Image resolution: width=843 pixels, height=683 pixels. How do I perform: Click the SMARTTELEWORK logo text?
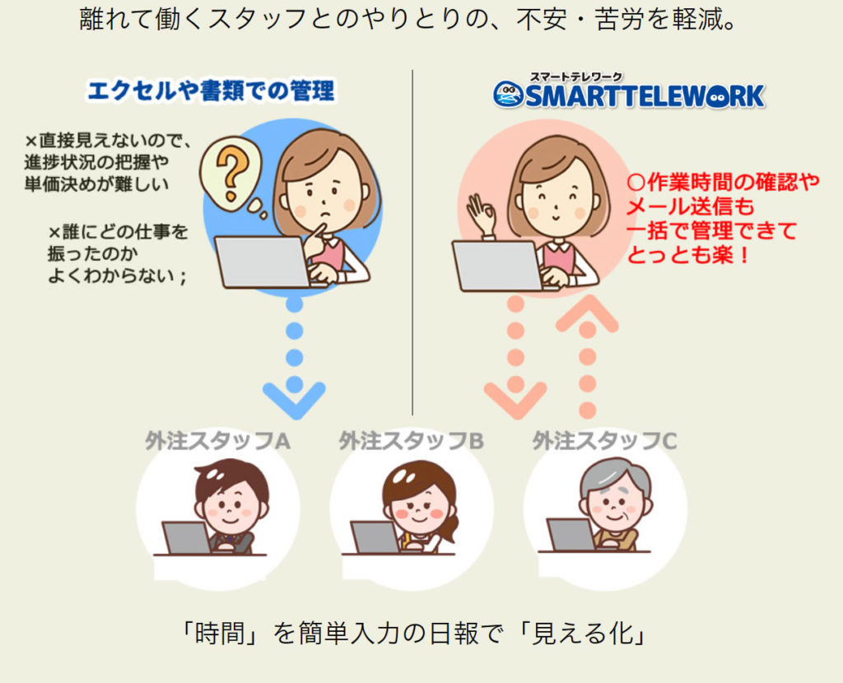[644, 96]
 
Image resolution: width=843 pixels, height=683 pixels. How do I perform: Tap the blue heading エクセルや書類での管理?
[211, 91]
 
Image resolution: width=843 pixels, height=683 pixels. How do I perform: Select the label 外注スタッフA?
[217, 441]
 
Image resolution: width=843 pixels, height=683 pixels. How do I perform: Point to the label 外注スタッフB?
[412, 441]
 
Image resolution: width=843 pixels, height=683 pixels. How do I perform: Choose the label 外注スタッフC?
[605, 441]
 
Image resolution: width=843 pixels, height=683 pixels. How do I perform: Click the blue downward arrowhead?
[294, 400]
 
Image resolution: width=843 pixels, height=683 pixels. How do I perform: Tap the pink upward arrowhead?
[587, 314]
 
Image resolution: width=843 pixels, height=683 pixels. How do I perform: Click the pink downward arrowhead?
[515, 400]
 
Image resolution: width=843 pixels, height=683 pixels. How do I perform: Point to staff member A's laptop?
[186, 537]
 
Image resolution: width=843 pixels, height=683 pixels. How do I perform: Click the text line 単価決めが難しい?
[97, 184]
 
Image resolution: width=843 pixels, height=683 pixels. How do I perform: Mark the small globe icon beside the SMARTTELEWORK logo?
[508, 95]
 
